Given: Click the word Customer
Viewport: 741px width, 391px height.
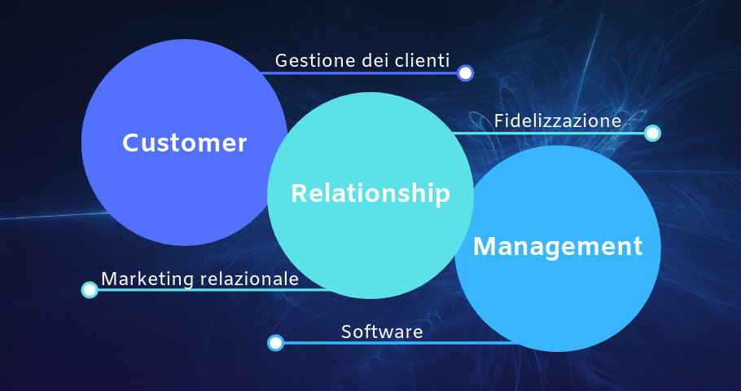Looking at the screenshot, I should pos(184,143).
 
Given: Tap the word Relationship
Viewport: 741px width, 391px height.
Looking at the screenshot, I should pos(370,194).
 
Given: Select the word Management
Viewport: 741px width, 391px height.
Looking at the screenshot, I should pos(558,246).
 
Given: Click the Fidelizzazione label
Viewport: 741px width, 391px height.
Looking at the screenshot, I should pos(557,121).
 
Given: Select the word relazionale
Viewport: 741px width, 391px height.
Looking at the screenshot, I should pos(249,279).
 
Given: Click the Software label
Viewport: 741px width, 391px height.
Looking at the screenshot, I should pos(382,332).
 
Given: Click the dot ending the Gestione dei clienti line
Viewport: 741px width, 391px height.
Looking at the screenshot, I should pos(465,73).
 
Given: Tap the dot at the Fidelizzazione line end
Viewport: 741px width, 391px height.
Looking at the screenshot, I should pos(652,133).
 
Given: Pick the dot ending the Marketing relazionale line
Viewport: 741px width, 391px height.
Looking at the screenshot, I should pos(90,290).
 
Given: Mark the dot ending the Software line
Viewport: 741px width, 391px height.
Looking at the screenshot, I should pos(276,343).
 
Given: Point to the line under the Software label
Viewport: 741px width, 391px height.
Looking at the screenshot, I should pos(391,343).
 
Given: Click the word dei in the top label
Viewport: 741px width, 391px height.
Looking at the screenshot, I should pos(363,60).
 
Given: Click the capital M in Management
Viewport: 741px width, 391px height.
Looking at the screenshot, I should pos(485,246).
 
